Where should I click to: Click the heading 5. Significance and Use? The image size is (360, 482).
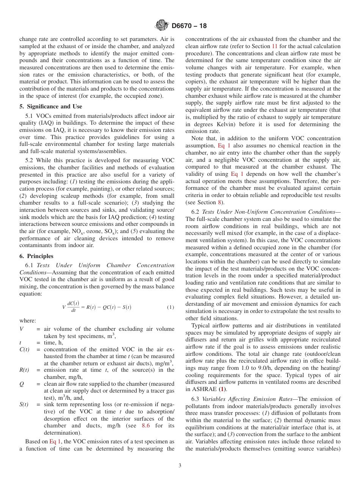pos(50,106)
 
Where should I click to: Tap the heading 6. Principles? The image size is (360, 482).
pos(36,256)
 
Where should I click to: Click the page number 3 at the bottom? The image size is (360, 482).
pos(180,466)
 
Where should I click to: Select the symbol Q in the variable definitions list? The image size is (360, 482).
pos(22,384)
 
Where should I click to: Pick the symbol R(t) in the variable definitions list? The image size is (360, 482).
pos(24,370)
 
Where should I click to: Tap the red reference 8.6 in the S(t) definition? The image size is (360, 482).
pos(146,426)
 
